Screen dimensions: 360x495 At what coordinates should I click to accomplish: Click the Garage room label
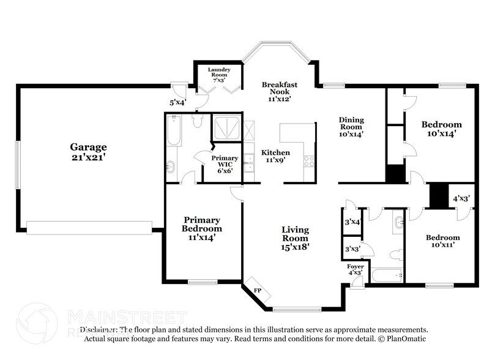click(x=88, y=147)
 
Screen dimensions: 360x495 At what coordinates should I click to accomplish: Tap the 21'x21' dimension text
click(x=88, y=157)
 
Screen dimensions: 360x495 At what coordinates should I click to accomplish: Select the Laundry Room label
click(x=218, y=70)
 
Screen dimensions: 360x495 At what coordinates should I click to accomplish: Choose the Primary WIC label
click(x=225, y=159)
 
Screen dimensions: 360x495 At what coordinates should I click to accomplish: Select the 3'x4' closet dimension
click(x=352, y=222)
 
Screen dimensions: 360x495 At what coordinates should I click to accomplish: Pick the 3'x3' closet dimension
click(x=352, y=249)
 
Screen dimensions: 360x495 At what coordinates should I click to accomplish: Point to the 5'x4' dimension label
click(x=177, y=103)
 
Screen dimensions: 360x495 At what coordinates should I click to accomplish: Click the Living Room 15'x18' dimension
click(x=295, y=247)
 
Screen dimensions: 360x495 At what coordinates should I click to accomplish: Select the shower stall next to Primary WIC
click(x=226, y=127)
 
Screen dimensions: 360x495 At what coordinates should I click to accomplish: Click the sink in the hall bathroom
click(x=400, y=222)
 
